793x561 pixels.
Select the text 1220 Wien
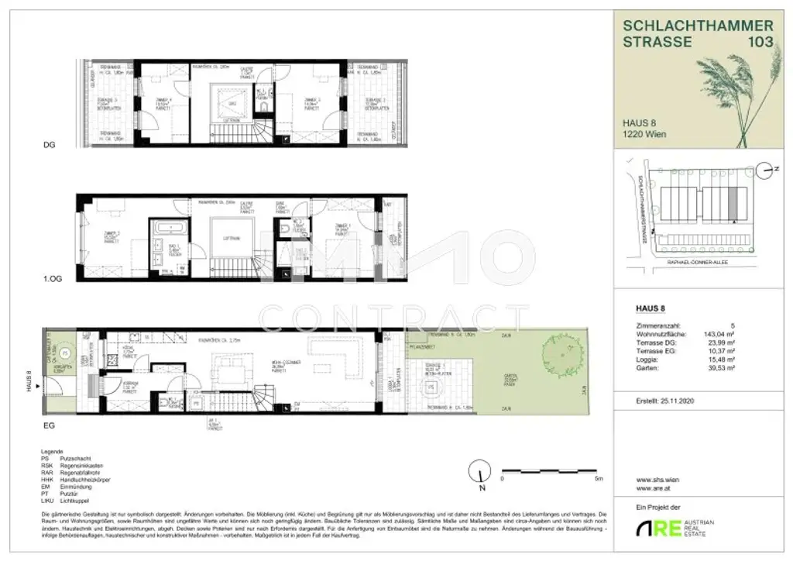[x=644, y=134]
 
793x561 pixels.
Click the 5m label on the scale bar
[x=599, y=478]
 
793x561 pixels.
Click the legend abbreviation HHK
[x=51, y=480]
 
